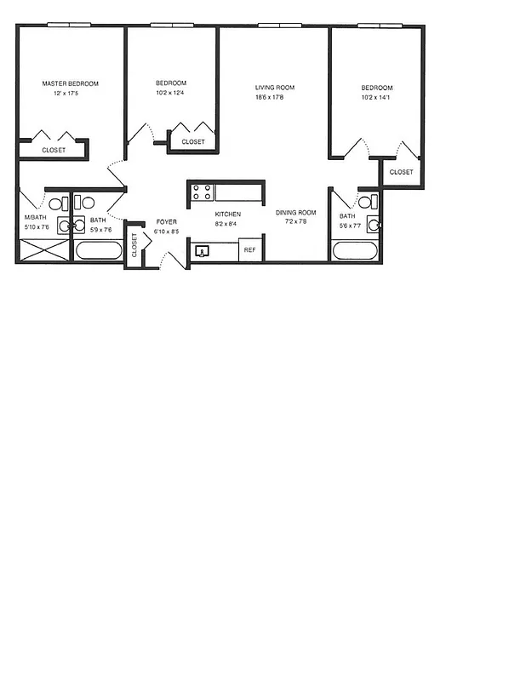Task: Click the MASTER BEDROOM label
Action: pos(71,83)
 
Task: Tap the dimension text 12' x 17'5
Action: pos(71,94)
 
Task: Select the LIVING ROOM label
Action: pos(275,87)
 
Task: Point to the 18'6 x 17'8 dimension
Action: pos(275,97)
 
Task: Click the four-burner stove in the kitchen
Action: pos(202,192)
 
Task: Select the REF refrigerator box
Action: pos(250,250)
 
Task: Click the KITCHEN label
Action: pos(227,214)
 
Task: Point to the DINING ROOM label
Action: pos(295,213)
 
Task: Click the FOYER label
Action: pos(166,221)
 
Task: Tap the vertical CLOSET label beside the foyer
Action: pos(134,245)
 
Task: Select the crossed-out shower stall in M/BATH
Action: pos(43,251)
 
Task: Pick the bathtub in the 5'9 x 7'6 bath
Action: pos(98,252)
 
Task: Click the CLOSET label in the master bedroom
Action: pos(54,150)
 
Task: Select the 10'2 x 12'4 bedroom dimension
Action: pos(171,94)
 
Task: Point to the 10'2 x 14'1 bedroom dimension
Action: pos(376,98)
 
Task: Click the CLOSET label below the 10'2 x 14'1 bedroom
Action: pos(401,172)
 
